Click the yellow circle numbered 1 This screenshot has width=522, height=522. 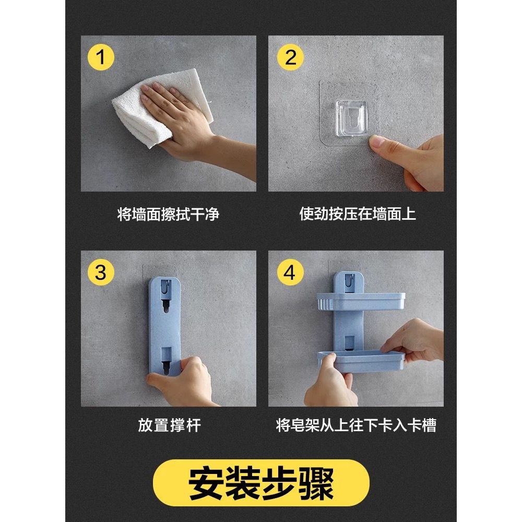101,57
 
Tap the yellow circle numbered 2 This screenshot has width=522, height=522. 290,57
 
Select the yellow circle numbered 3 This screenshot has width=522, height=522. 101,272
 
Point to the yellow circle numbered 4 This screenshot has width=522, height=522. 290,272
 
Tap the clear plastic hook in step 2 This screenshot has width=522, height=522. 351,118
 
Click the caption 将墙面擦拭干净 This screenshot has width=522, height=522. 169,214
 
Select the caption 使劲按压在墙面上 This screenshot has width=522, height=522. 358,213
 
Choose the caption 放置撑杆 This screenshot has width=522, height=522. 170,425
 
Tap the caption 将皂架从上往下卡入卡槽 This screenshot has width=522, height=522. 356,425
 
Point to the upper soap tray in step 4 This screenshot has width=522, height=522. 361,302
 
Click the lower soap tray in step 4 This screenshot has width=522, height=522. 361,361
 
